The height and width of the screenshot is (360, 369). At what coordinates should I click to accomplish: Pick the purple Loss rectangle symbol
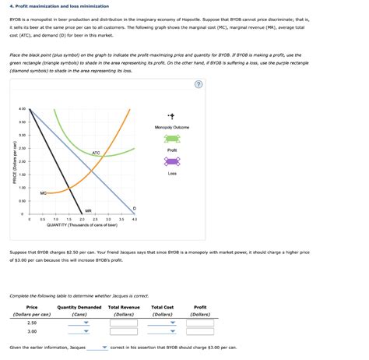(172, 161)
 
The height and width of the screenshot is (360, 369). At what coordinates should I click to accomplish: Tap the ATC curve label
(96, 153)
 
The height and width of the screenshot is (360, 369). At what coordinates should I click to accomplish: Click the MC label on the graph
(44, 192)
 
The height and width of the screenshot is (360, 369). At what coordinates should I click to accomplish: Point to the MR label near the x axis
(88, 210)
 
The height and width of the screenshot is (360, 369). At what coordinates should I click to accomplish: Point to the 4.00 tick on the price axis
(23, 108)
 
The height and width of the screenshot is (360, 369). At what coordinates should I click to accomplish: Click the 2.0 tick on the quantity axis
(82, 220)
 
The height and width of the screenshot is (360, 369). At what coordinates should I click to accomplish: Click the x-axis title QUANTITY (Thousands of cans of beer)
(82, 225)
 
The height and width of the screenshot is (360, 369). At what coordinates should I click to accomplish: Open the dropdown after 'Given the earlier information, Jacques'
(98, 348)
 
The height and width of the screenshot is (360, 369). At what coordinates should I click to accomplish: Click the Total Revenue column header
(124, 307)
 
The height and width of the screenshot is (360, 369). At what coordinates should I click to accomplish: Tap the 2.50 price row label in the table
(32, 321)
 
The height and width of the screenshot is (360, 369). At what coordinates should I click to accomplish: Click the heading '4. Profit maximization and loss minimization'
(51, 5)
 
